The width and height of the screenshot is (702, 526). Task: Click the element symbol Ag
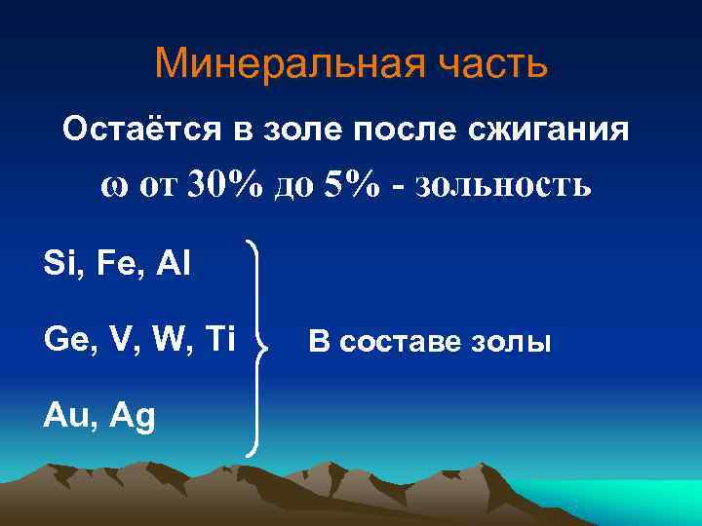[x=133, y=417]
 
